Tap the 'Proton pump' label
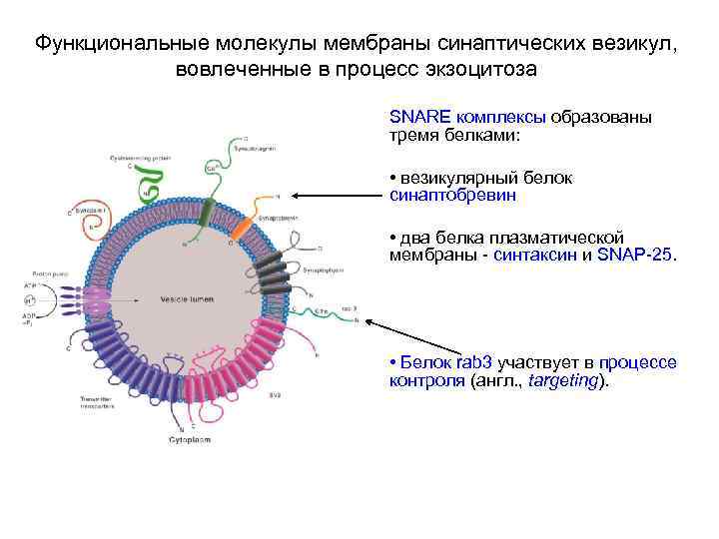[x=48, y=272]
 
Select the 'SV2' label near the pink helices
[x=274, y=395]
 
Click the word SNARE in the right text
[x=412, y=117]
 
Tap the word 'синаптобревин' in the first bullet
[x=452, y=196]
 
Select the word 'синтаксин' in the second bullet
[x=536, y=255]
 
